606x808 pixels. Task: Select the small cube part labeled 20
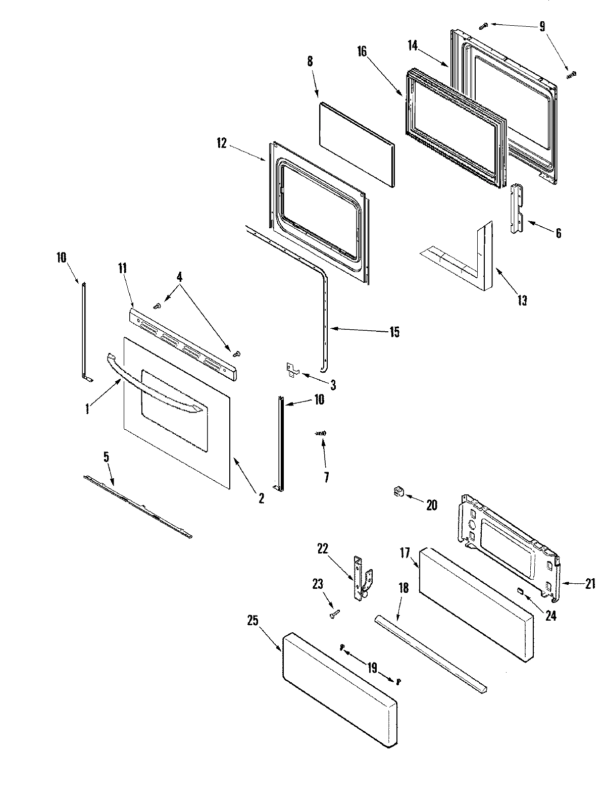pos(399,491)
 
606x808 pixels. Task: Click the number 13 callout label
pos(522,300)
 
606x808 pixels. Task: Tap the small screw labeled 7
pos(320,433)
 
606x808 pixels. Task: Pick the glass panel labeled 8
pos(357,144)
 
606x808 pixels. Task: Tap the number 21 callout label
pos(589,584)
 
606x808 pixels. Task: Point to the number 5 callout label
pos(106,458)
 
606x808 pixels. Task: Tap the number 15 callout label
pos(394,332)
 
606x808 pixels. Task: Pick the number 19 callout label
pos(372,668)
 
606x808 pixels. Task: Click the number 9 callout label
pos(542,26)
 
